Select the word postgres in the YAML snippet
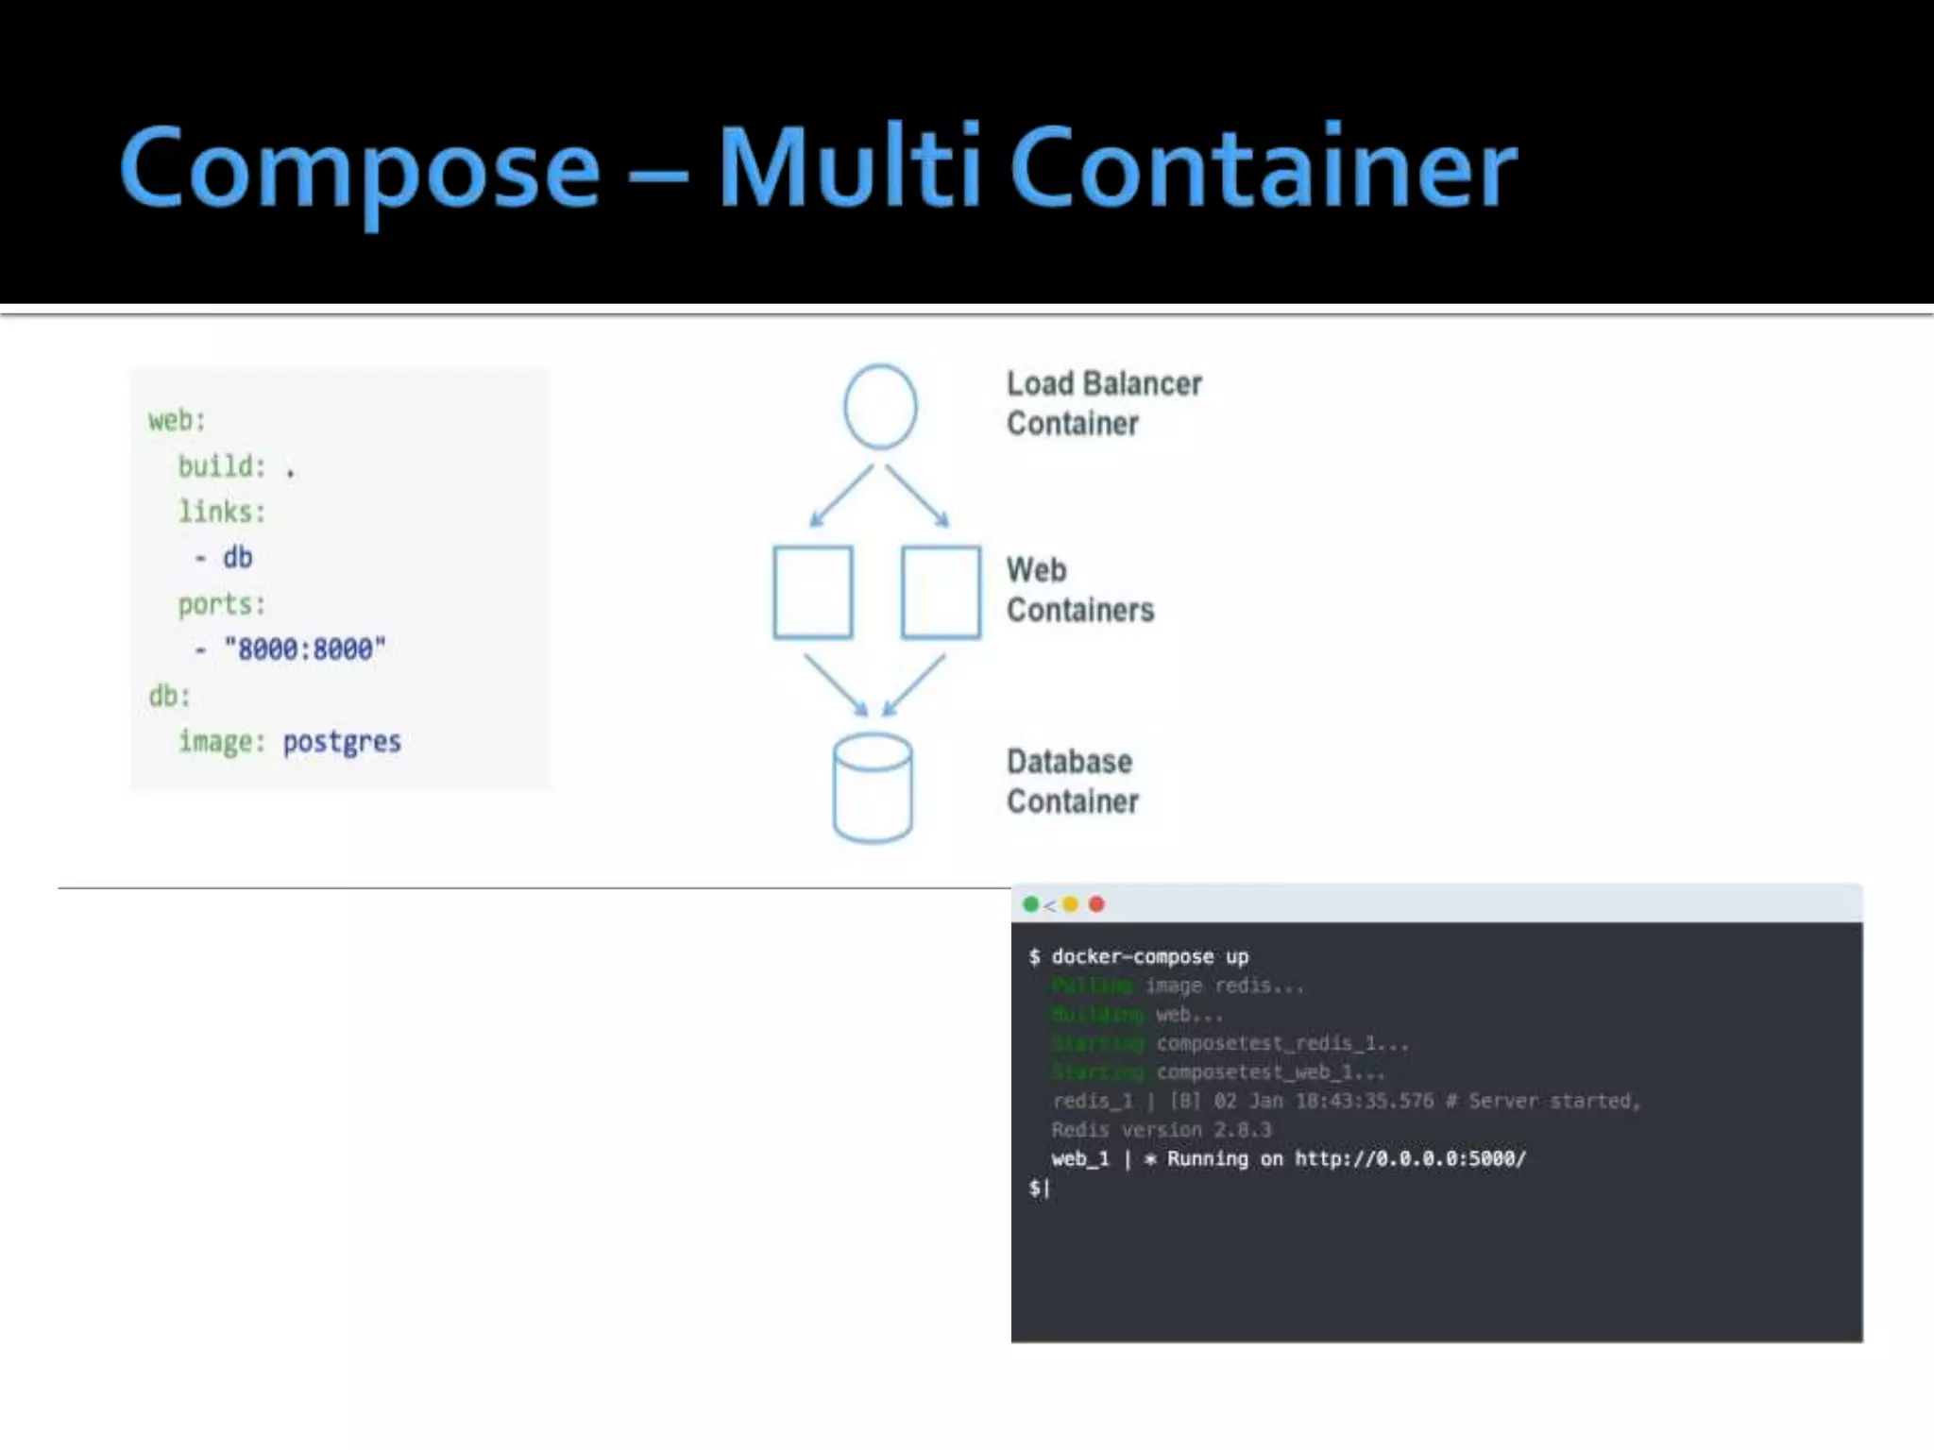342,743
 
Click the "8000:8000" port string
305,649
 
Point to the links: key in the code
222,512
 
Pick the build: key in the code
222,466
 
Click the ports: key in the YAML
222,604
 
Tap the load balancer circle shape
880,407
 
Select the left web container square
813,592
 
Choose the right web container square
941,592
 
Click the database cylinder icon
873,788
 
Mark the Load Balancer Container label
1103,403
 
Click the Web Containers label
1079,590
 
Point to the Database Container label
1072,782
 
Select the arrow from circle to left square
841,496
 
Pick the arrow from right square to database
914,685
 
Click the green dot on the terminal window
1031,904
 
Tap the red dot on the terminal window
1096,904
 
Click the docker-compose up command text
1149,957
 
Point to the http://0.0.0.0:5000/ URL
1410,1159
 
